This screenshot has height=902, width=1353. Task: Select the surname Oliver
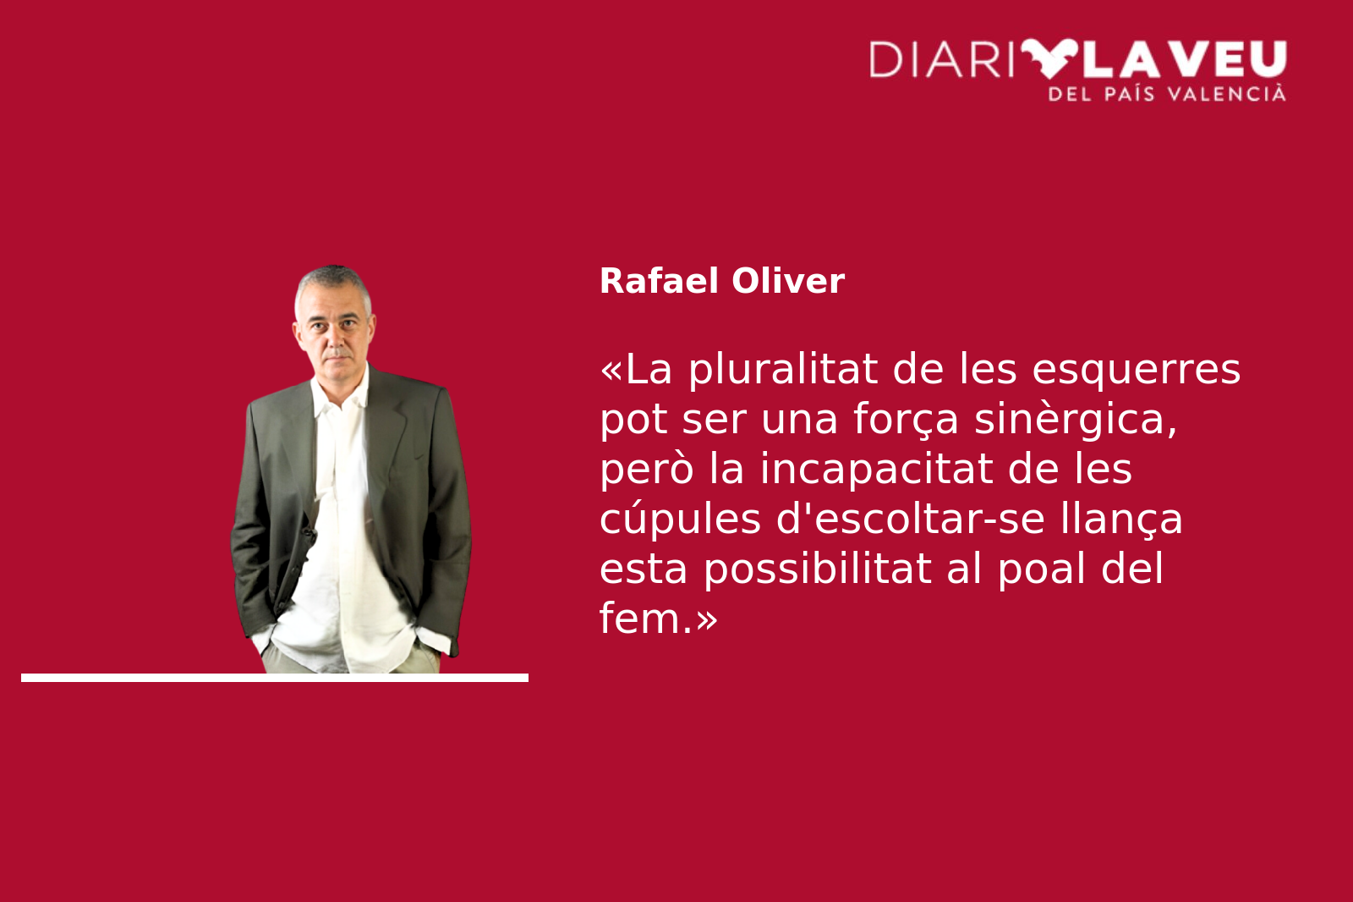coord(787,281)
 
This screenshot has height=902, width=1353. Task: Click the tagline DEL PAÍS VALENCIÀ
coord(1167,94)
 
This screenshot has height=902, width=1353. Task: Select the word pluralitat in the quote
coord(783,370)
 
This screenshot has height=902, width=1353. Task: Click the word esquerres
coord(1137,370)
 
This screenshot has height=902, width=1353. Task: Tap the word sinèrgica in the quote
coord(1076,419)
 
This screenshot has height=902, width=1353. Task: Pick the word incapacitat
coord(876,470)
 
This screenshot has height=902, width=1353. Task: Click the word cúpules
coord(680,520)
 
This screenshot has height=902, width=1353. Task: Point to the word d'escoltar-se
coord(911,518)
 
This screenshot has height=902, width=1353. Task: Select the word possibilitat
coord(818,569)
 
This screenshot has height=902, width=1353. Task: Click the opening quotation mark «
coord(611,371)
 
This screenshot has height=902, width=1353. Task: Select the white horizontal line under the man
coord(275,678)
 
